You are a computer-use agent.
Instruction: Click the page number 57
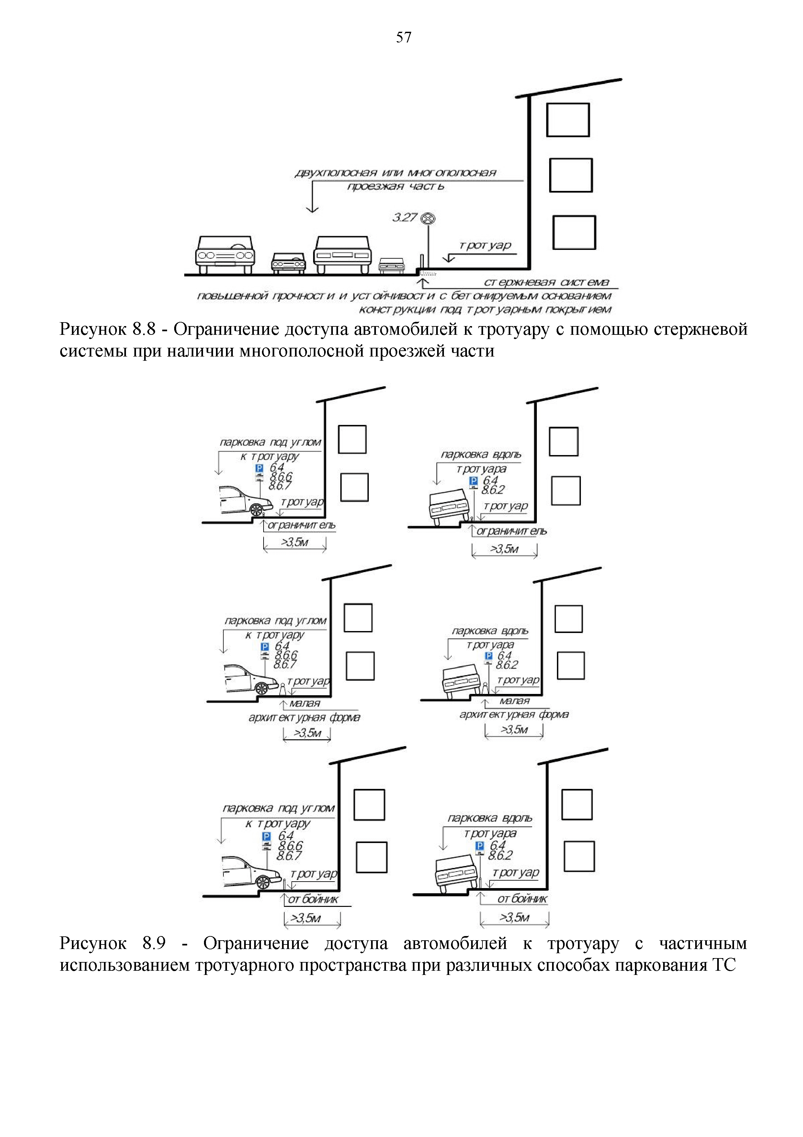403,38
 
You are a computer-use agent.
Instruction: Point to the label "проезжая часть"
395,187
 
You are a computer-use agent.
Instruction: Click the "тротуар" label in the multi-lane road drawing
485,246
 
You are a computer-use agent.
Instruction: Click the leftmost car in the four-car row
225,254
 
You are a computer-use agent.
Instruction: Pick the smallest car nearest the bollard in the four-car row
392,265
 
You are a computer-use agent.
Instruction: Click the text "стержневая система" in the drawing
546,282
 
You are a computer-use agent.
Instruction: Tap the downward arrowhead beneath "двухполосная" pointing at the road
312,209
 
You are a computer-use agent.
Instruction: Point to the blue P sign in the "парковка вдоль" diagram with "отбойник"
480,846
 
